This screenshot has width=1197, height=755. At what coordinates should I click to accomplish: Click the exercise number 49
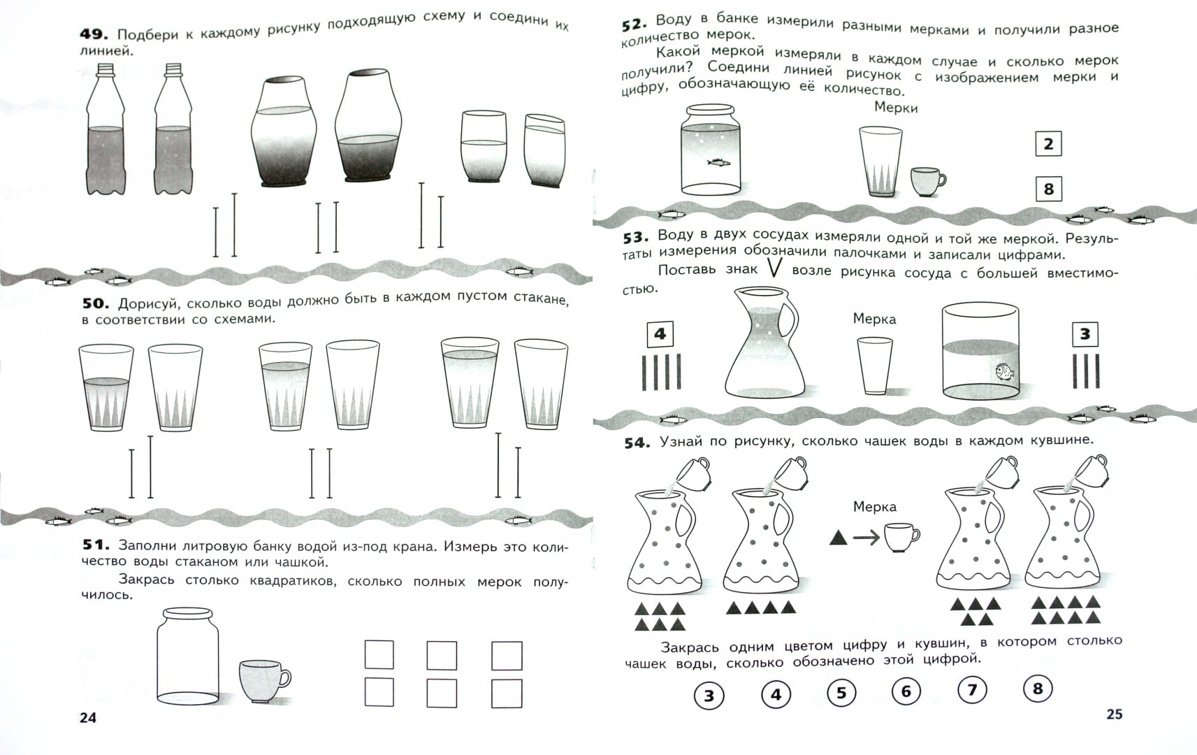[x=94, y=34]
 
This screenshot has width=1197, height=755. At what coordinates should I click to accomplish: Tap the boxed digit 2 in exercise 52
[x=1048, y=144]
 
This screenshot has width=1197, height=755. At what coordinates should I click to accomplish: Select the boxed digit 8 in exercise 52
[x=1048, y=189]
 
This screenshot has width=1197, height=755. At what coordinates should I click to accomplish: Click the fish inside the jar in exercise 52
[x=719, y=162]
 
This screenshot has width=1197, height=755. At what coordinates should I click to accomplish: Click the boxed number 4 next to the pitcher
[x=660, y=334]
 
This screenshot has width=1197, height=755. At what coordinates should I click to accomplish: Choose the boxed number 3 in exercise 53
[x=1085, y=334]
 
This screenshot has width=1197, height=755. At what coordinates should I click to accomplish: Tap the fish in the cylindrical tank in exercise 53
[x=1004, y=371]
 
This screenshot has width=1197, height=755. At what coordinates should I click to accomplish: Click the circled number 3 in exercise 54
[x=709, y=695]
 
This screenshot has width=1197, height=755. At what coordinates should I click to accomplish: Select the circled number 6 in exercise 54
[x=906, y=691]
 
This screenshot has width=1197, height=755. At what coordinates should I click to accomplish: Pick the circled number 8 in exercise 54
[x=1038, y=688]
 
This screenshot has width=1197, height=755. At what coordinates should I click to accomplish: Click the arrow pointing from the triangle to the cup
[x=866, y=538]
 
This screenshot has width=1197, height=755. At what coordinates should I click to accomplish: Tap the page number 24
[x=88, y=717]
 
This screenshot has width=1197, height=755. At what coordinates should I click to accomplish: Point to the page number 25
[x=1114, y=714]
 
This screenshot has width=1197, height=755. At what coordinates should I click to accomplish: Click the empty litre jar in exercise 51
[x=187, y=656]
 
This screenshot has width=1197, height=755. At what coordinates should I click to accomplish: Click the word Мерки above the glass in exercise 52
[x=896, y=108]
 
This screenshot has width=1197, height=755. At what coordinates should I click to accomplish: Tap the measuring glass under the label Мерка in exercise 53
[x=875, y=366]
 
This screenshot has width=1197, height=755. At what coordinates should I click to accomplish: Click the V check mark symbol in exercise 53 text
[x=775, y=267]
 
